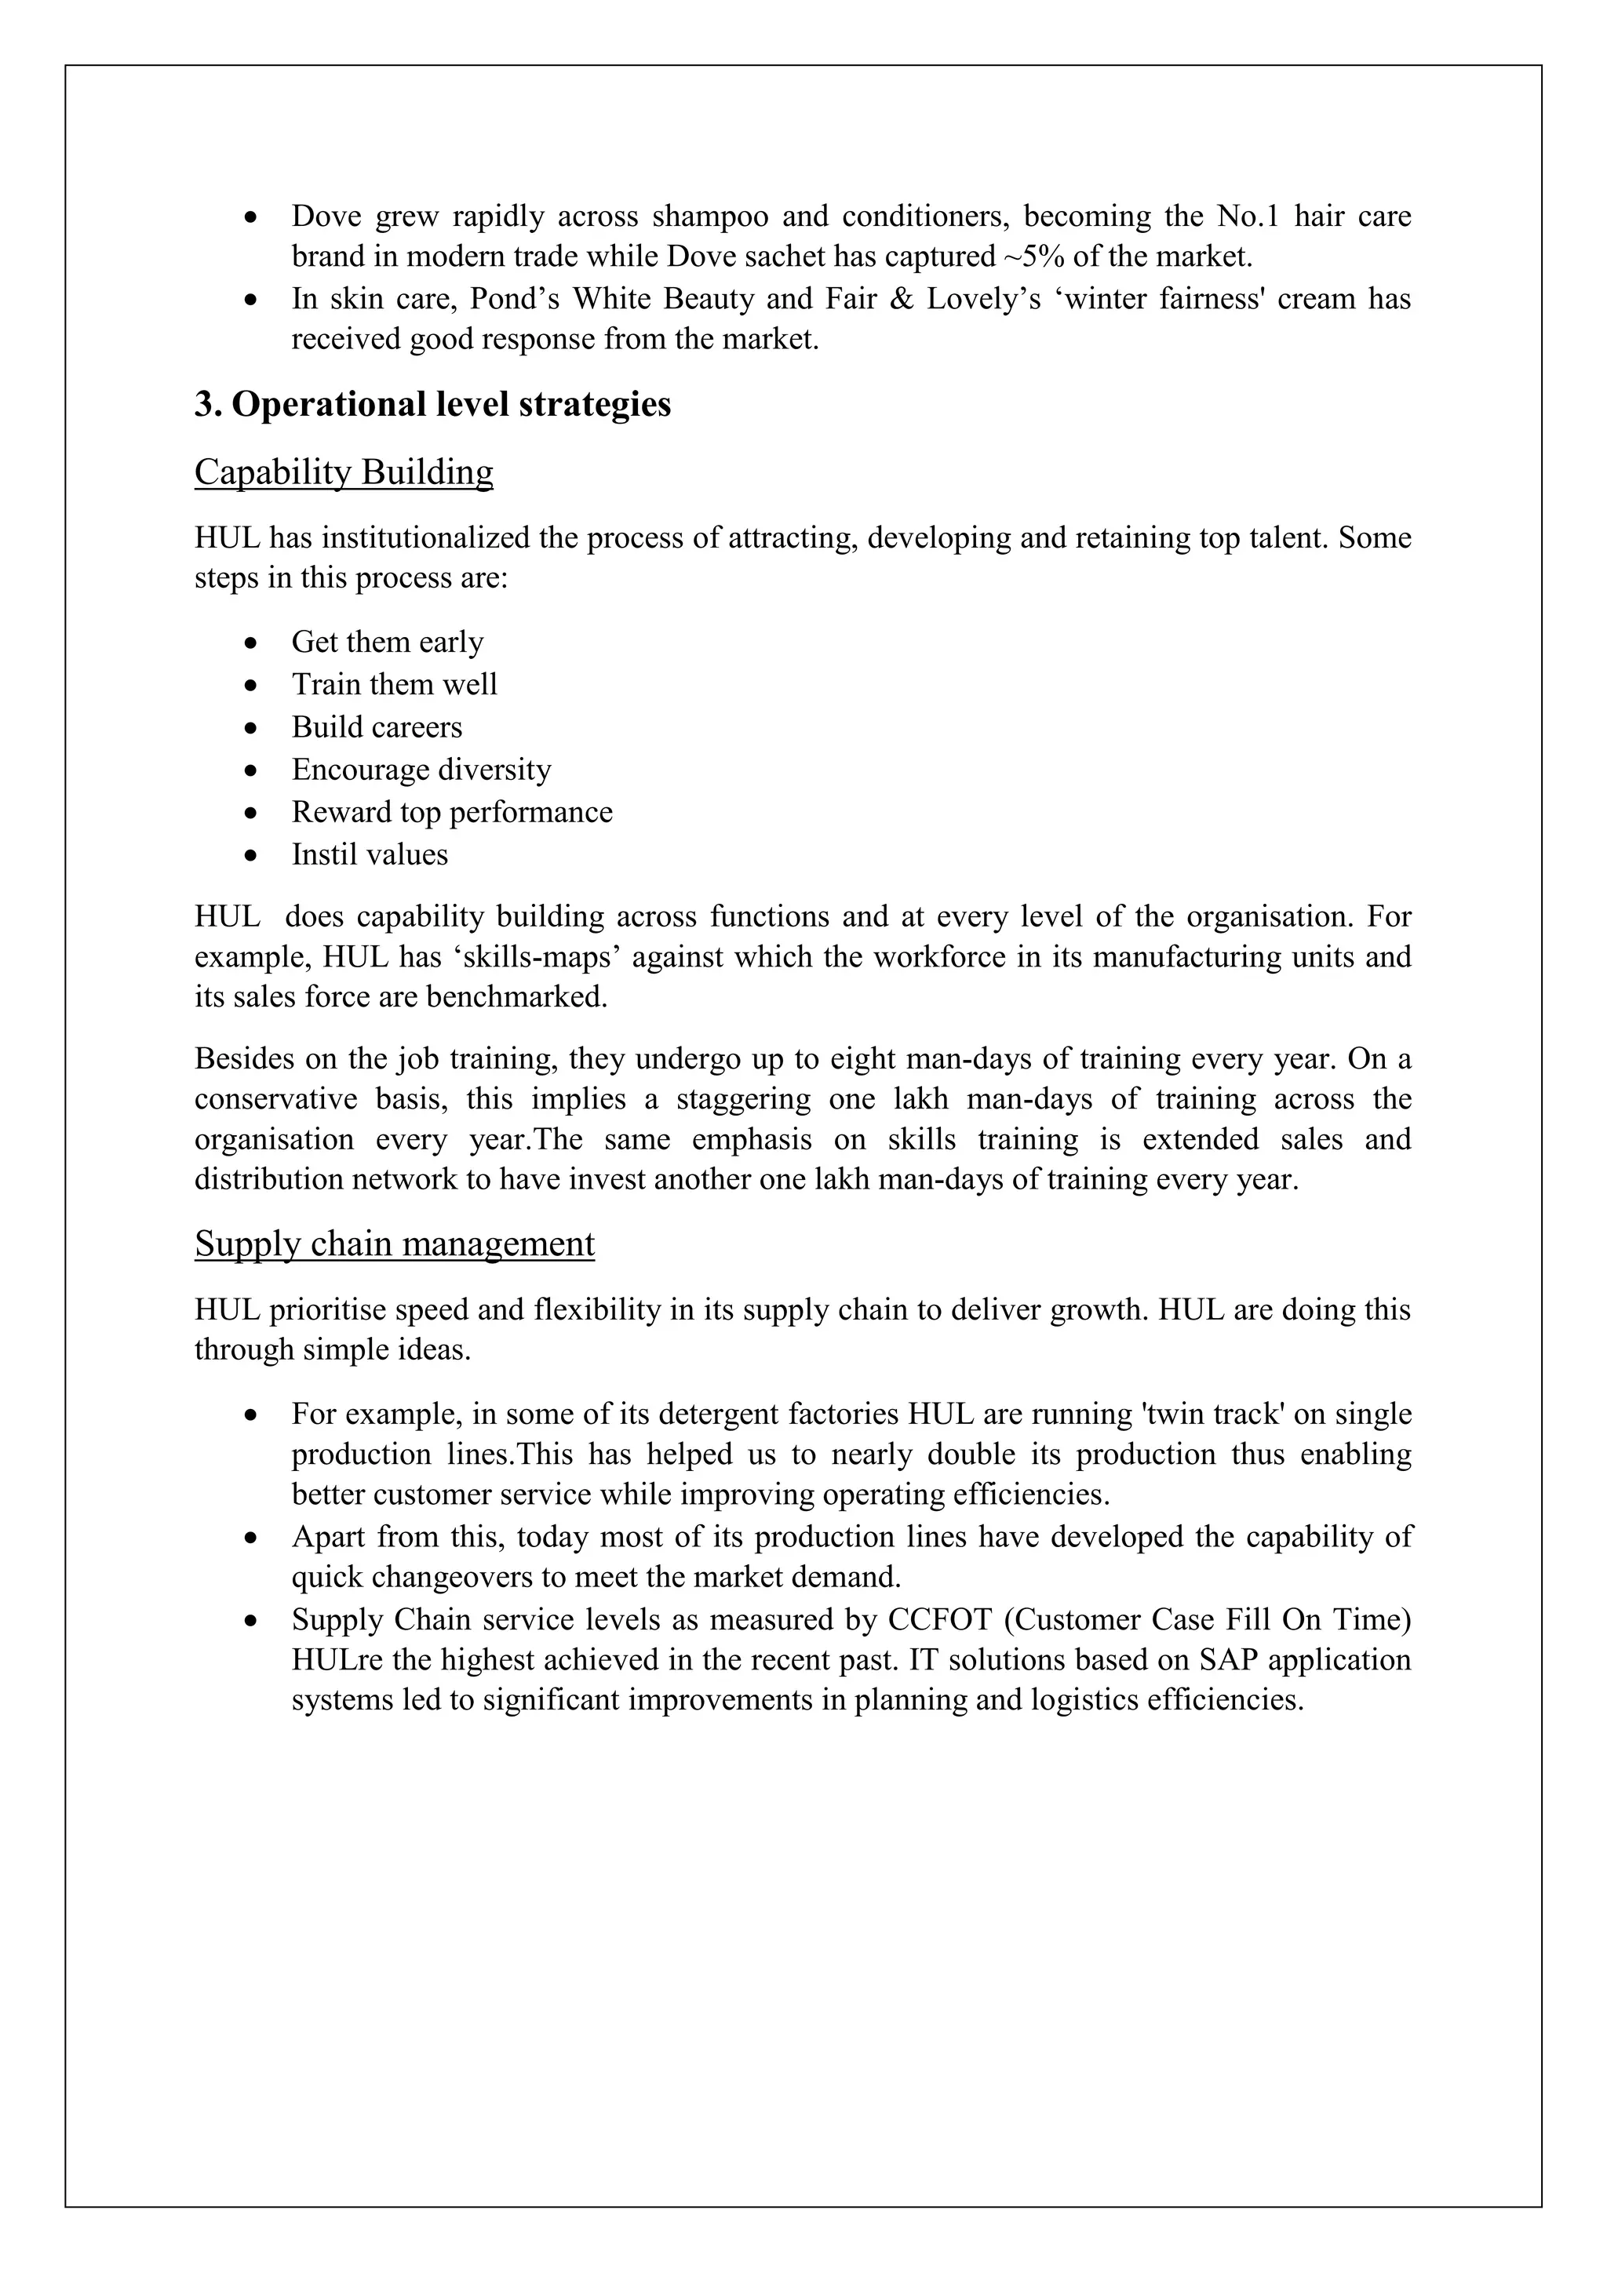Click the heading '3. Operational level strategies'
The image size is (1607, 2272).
(x=432, y=405)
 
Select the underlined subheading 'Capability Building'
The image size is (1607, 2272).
(x=344, y=472)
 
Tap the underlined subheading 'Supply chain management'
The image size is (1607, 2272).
(x=394, y=1243)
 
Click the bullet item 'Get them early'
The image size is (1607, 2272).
(x=387, y=643)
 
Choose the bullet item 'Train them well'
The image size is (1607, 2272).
(x=394, y=685)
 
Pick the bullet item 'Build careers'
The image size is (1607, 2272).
(x=376, y=727)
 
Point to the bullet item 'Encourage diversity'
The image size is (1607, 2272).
(x=421, y=770)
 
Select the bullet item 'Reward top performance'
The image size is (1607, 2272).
(x=451, y=813)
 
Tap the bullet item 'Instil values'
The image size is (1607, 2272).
(x=369, y=855)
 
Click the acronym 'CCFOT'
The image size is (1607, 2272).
(x=939, y=1620)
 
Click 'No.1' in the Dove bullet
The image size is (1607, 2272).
(x=1248, y=216)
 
